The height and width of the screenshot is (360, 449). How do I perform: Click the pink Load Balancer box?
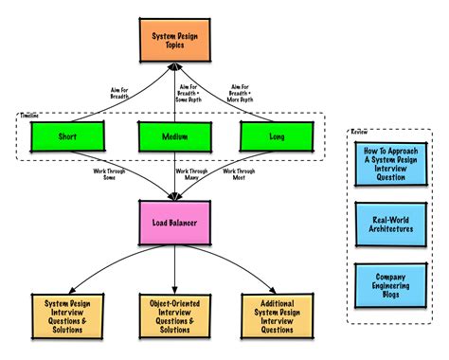(176, 224)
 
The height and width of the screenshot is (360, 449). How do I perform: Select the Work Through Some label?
(105, 174)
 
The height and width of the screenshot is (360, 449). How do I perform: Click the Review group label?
(359, 131)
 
